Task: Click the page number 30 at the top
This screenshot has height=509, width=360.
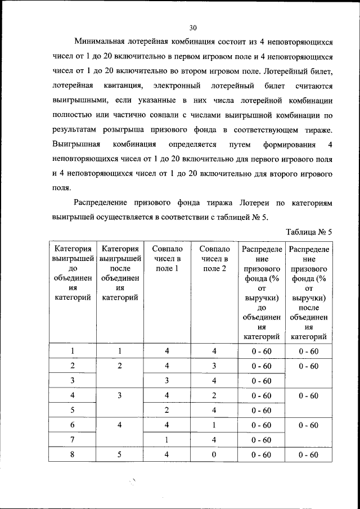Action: (192, 28)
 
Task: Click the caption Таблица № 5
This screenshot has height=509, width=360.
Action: (309, 232)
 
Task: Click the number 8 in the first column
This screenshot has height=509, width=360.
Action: (73, 454)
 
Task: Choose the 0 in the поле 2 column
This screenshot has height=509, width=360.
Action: (215, 454)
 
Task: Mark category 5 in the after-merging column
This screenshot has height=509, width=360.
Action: (120, 454)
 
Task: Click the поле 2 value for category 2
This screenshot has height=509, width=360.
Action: (215, 366)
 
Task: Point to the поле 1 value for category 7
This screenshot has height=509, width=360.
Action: (166, 440)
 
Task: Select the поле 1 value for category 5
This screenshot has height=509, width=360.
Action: (166, 410)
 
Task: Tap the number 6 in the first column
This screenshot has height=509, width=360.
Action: (73, 425)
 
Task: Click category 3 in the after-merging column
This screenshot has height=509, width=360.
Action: (120, 395)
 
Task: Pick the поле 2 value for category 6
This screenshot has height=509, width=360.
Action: (215, 425)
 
